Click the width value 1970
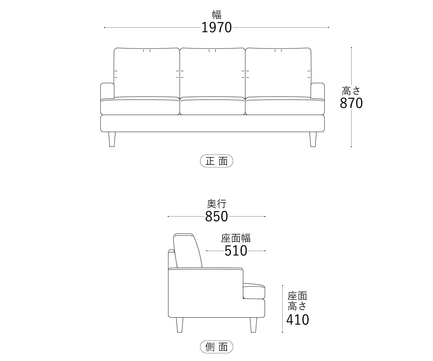point(216,28)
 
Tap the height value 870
point(351,103)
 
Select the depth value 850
point(216,217)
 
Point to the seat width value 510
point(236,251)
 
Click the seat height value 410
point(297,320)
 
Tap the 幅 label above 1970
point(217,14)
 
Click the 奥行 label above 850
point(217,204)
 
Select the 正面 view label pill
point(216,161)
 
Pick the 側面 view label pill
point(216,347)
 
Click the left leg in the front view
point(112,139)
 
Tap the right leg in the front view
point(313,139)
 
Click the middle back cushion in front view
point(212,73)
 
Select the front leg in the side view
point(253,325)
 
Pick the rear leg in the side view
point(180,325)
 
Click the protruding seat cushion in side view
point(254,291)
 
